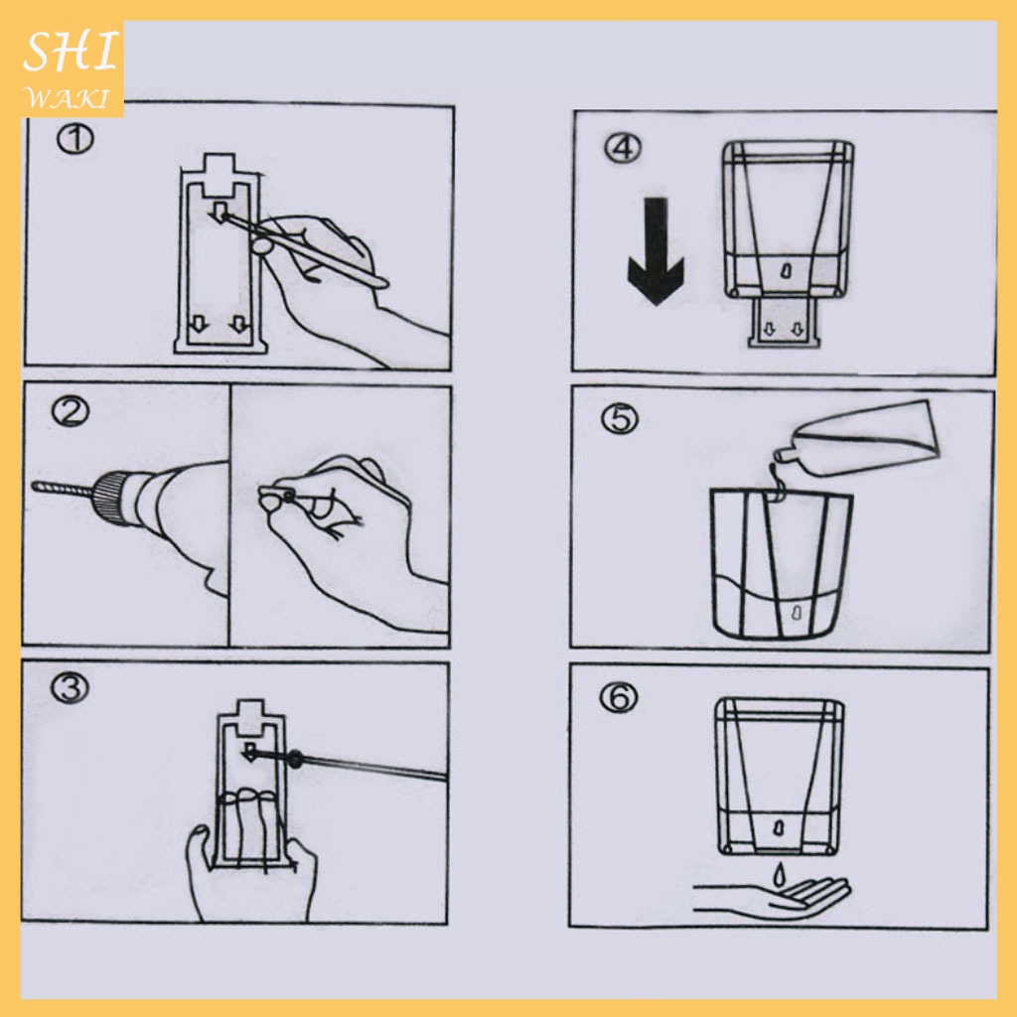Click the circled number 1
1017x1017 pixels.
pos(74,139)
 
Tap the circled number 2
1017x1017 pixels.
pos(71,412)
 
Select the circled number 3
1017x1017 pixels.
pos(70,688)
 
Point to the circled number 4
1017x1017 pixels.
pos(623,148)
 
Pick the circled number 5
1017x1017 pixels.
pos(620,419)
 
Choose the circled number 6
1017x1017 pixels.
pos(618,698)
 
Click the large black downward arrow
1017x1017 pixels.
pos(655,251)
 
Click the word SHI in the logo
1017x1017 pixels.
pos(71,54)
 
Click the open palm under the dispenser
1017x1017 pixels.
pos(772,898)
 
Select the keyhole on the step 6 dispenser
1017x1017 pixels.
pos(779,828)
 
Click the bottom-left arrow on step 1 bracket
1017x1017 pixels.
pos(199,324)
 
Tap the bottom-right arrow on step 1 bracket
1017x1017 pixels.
pos(239,324)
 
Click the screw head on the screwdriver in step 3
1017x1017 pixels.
pos(295,758)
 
